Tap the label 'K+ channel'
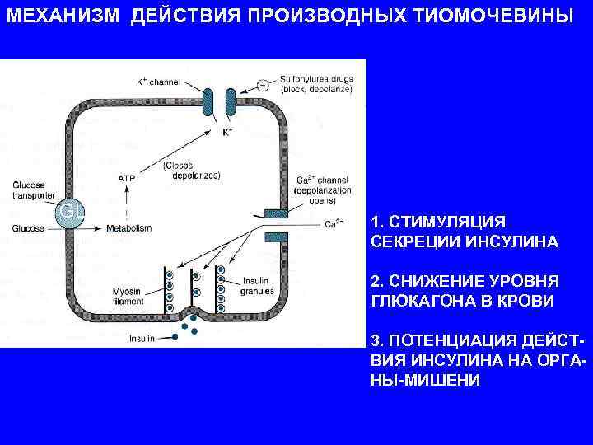[x=158, y=82]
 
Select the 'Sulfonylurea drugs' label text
[x=316, y=79]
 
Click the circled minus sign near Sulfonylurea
[x=262, y=83]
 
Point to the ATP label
[x=127, y=177]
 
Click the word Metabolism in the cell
[x=128, y=227]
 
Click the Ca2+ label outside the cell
[x=334, y=223]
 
